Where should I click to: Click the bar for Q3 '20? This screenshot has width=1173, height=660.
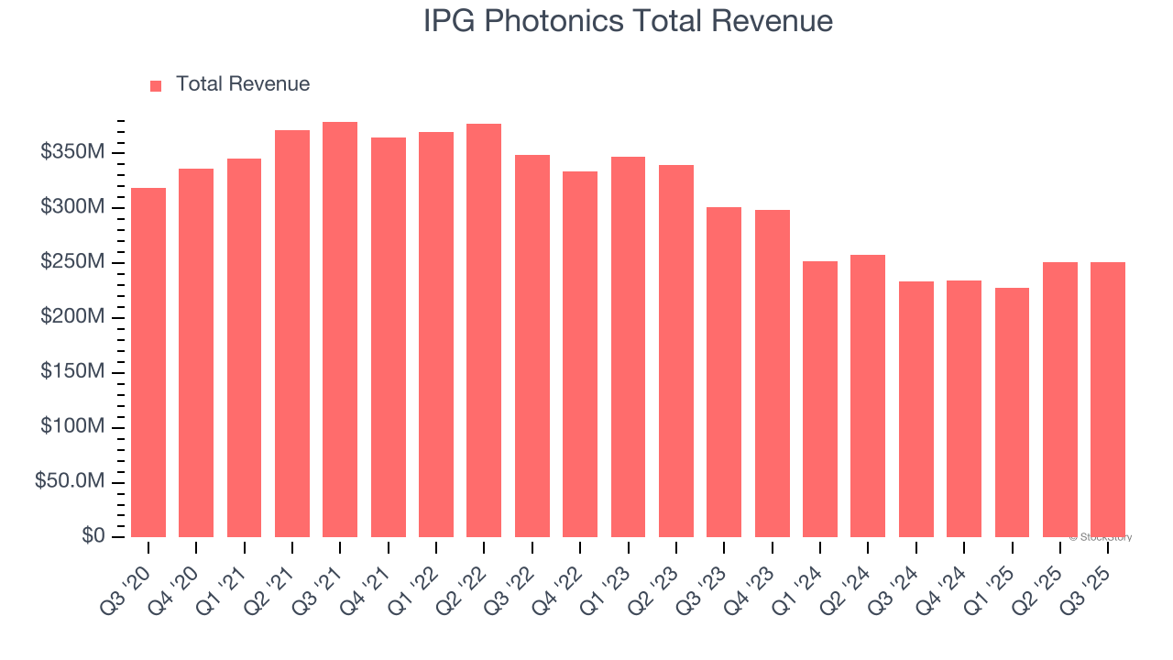[148, 362]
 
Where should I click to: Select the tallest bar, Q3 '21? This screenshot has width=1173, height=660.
[340, 330]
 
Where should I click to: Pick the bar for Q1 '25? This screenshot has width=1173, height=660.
[1012, 412]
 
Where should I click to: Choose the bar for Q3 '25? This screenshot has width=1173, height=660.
[1108, 400]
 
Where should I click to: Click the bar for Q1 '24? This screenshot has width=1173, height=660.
[820, 399]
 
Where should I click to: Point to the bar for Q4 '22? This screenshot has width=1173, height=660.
[580, 354]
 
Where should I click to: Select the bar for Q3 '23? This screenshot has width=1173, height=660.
[724, 372]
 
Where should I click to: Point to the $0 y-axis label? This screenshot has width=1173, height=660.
[93, 536]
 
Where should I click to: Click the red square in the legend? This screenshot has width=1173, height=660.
[156, 85]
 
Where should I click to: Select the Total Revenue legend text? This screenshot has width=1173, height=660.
[243, 84]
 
